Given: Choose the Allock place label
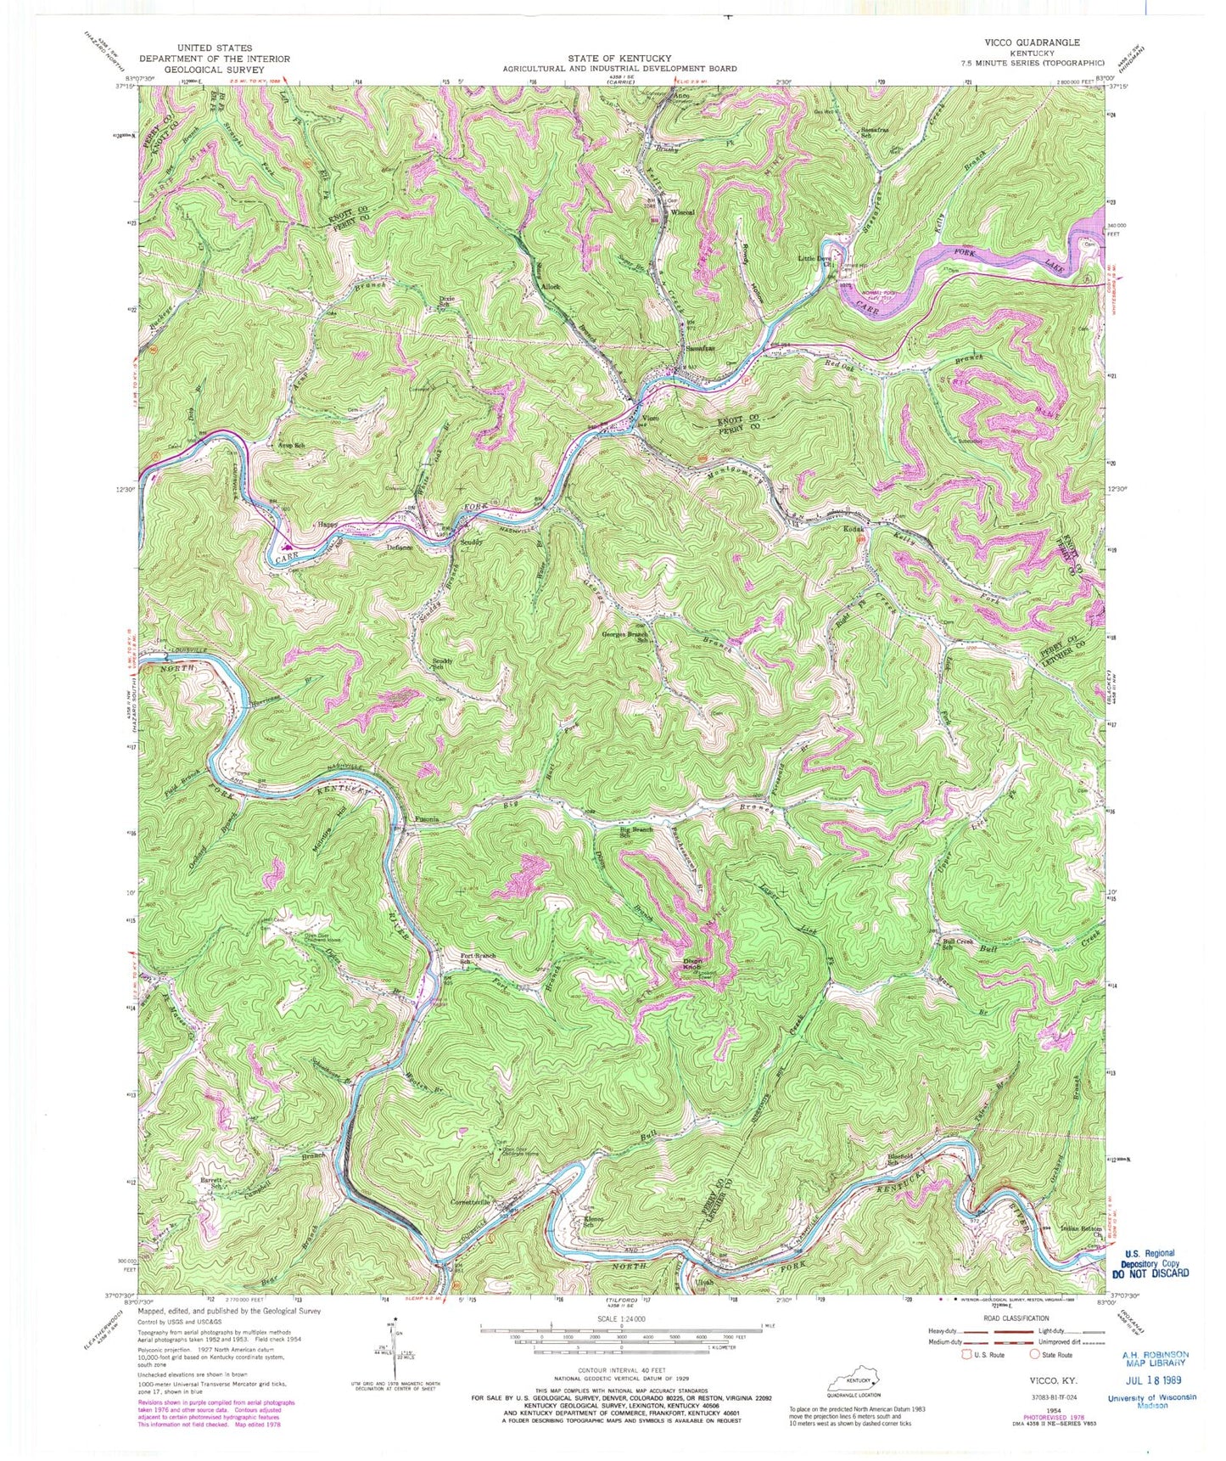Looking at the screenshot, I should point(551,287).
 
